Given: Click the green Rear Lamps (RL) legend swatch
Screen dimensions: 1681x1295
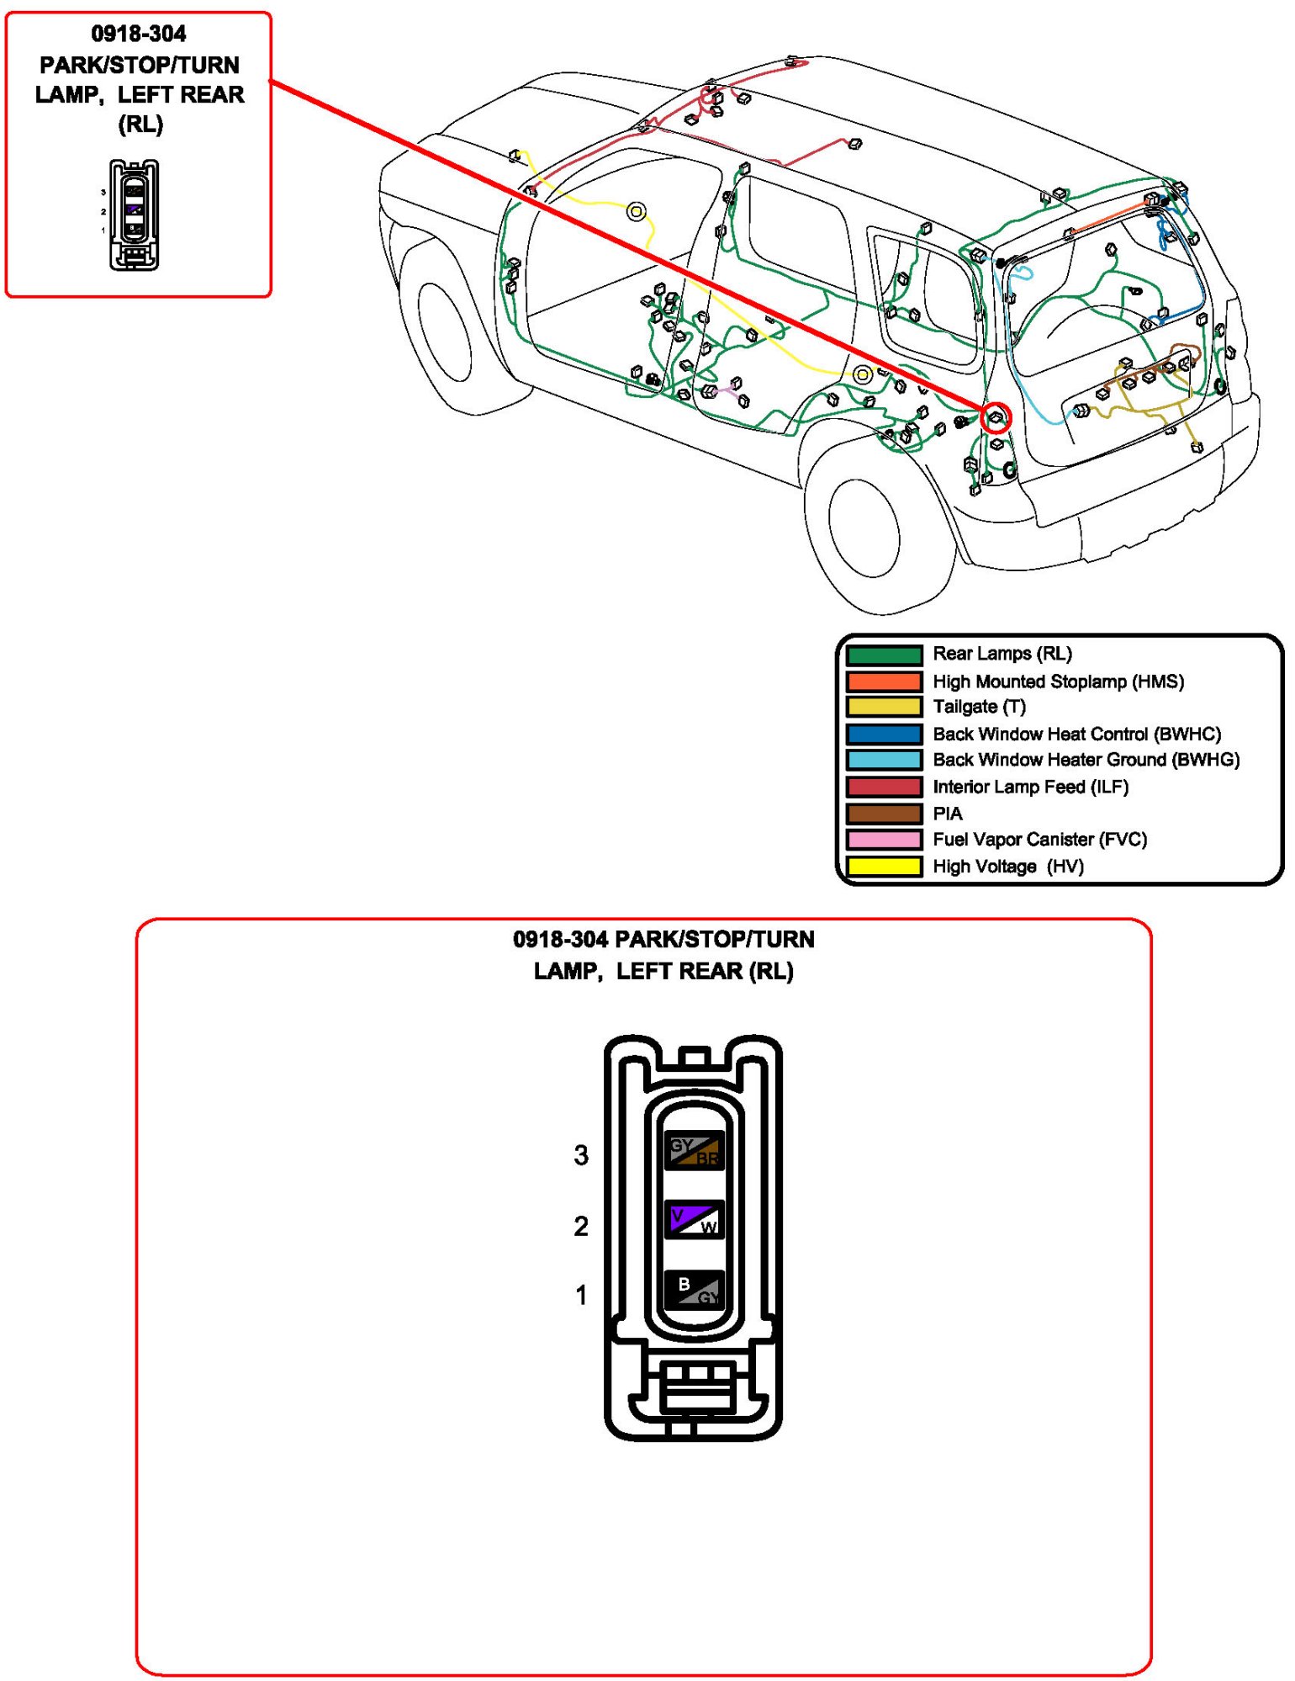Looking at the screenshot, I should point(883,655).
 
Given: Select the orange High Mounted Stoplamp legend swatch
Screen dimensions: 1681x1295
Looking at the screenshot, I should point(883,681).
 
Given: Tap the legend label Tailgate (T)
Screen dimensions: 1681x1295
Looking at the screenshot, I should point(979,707).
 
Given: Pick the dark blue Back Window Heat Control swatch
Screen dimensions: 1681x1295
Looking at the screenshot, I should point(883,734).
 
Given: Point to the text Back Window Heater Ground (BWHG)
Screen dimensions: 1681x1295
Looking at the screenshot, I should point(1086,760).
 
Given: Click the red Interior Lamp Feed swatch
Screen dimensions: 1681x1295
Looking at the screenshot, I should point(883,787).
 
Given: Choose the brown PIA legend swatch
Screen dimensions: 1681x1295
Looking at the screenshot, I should point(883,814).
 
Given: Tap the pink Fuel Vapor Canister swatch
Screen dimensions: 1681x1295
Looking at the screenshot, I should point(883,840).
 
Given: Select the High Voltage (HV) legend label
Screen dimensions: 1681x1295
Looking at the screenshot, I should point(1007,866).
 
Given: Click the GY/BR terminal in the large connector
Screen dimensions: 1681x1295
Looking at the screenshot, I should point(694,1150).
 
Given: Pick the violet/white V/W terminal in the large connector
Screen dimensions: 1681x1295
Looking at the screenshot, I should point(694,1219).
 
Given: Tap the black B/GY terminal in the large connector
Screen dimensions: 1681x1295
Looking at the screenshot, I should point(694,1289).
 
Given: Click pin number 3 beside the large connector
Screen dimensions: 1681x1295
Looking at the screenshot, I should point(581,1155).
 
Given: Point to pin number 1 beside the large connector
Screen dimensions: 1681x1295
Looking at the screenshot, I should point(581,1295).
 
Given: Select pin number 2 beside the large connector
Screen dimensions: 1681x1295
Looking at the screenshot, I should point(581,1226).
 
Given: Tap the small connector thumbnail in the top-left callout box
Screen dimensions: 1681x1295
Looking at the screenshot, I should point(134,215).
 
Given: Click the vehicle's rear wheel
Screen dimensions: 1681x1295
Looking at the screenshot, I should point(864,528).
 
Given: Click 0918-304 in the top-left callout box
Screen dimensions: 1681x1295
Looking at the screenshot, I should point(139,34).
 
